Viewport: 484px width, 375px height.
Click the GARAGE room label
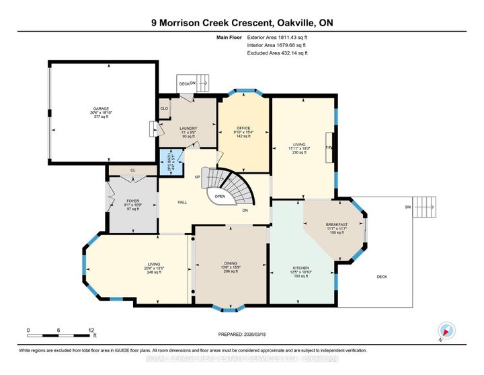point(102,108)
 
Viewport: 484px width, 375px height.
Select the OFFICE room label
point(243,127)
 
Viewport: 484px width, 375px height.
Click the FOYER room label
point(132,201)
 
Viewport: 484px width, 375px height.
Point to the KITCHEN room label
point(301,268)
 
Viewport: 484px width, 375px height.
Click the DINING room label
point(231,264)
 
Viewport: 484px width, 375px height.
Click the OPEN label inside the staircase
point(219,197)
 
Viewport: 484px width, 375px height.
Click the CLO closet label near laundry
point(164,107)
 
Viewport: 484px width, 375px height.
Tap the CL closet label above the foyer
point(132,170)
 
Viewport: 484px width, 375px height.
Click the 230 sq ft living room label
point(299,153)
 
